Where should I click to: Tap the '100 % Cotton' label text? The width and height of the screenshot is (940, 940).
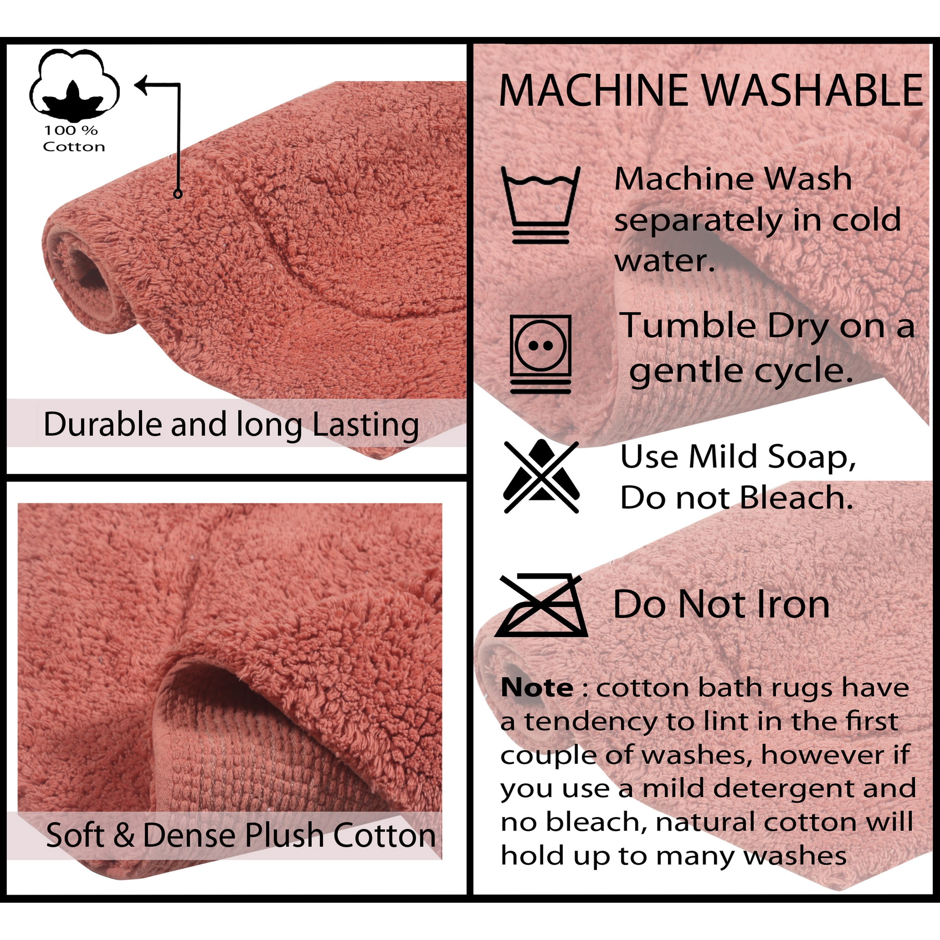[x=74, y=139]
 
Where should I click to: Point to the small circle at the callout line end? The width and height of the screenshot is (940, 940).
[x=178, y=194]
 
